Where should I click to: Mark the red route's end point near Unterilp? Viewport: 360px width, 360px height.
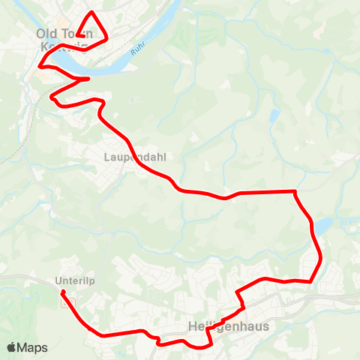[x=63, y=292]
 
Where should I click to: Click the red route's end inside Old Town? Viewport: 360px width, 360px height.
[x=78, y=34]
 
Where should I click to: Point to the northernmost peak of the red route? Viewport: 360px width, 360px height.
[x=92, y=13]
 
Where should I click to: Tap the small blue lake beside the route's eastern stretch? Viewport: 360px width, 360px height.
[x=322, y=226]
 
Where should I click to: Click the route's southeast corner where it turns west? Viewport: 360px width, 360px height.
[x=310, y=281]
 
